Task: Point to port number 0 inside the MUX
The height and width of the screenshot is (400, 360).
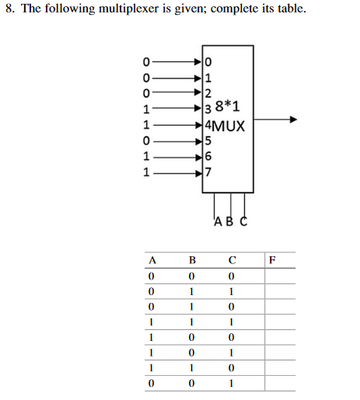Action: (208, 59)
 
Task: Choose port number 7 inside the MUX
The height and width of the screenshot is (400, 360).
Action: (208, 172)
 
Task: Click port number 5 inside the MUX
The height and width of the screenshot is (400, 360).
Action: (208, 141)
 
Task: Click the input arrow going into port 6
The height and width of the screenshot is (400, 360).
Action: (179, 156)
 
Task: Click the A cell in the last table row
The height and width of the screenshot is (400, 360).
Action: (152, 382)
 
